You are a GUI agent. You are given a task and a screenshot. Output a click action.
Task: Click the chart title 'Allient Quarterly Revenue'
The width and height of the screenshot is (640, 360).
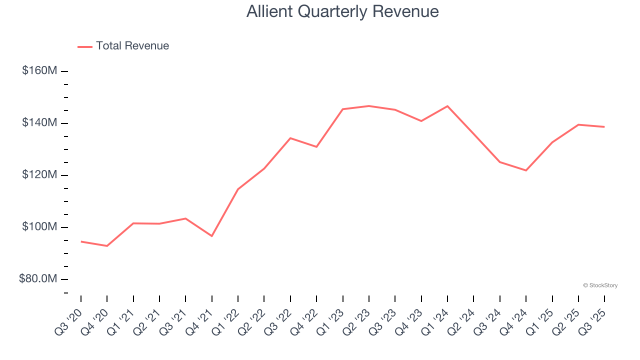pyautogui.click(x=342, y=11)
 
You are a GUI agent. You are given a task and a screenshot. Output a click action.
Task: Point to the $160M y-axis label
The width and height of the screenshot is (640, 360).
pyautogui.click(x=39, y=70)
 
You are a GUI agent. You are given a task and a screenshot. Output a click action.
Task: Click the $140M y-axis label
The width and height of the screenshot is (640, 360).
pyautogui.click(x=39, y=122)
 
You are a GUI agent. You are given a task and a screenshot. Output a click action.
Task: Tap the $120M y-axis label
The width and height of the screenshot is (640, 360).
pyautogui.click(x=39, y=174)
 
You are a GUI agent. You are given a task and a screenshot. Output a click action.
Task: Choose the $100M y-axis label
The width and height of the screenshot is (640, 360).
pyautogui.click(x=39, y=226)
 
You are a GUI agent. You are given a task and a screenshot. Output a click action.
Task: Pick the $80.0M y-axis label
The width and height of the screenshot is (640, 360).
pyautogui.click(x=38, y=278)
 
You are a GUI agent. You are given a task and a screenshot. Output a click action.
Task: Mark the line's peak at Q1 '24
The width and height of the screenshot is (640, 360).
pyautogui.click(x=447, y=106)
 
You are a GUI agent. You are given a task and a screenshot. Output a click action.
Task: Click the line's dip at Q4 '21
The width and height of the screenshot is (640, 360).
pyautogui.click(x=212, y=236)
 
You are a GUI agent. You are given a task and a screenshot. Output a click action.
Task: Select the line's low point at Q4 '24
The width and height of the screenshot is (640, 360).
pyautogui.click(x=526, y=170)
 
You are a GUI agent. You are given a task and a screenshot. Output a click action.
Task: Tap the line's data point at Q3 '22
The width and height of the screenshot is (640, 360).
pyautogui.click(x=290, y=138)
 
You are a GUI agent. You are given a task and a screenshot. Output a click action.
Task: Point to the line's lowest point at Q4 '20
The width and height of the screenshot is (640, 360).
pyautogui.click(x=107, y=246)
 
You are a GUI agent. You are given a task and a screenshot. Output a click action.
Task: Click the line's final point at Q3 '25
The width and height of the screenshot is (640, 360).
pyautogui.click(x=604, y=127)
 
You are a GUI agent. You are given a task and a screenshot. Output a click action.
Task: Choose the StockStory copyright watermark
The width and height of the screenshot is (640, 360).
pyautogui.click(x=600, y=285)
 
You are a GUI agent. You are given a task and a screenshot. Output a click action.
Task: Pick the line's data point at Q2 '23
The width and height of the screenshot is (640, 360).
pyautogui.click(x=369, y=106)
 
